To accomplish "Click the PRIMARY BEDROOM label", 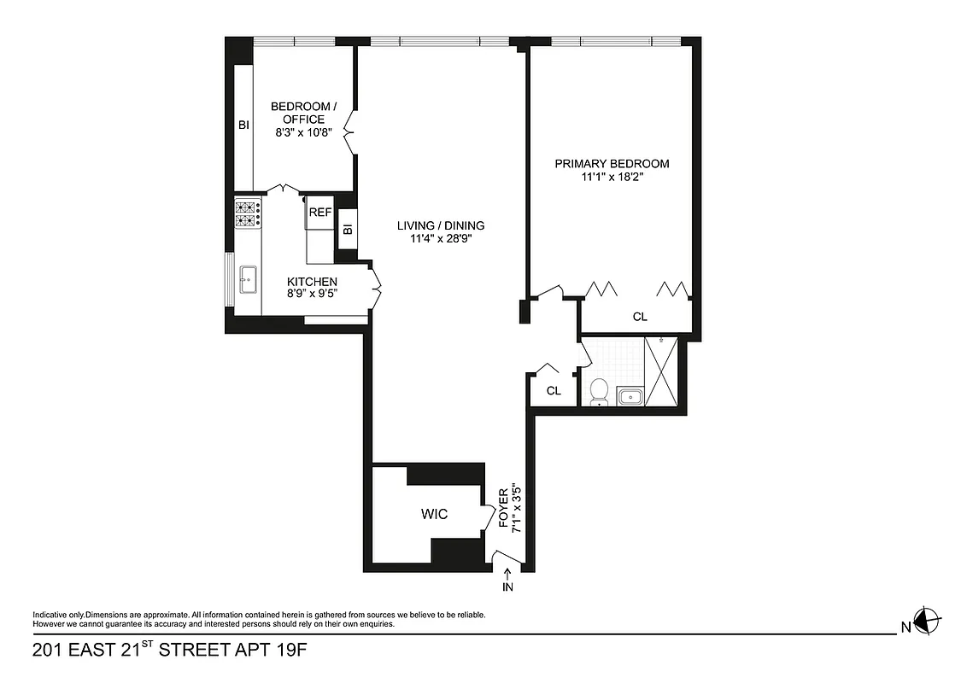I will pyautogui.click(x=612, y=164).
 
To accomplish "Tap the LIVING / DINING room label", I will pyautogui.click(x=440, y=225).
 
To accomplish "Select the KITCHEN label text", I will pyautogui.click(x=312, y=282).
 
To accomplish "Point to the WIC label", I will pyautogui.click(x=434, y=515).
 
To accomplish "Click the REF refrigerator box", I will pyautogui.click(x=320, y=213).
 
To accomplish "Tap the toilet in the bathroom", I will pyautogui.click(x=599, y=392).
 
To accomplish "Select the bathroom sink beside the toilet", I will pyautogui.click(x=630, y=396).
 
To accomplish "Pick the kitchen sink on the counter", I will pyautogui.click(x=249, y=279).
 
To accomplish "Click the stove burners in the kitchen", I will pyautogui.click(x=248, y=213).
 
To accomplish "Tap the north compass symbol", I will pyautogui.click(x=927, y=621).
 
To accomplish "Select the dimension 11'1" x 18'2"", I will pyautogui.click(x=612, y=178).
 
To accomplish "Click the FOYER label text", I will pyautogui.click(x=504, y=509).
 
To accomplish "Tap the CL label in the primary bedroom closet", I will pyautogui.click(x=640, y=317).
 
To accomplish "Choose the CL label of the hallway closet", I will pyautogui.click(x=554, y=391).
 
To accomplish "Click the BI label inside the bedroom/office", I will pyautogui.click(x=243, y=126).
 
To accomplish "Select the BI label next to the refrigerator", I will pyautogui.click(x=348, y=230).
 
